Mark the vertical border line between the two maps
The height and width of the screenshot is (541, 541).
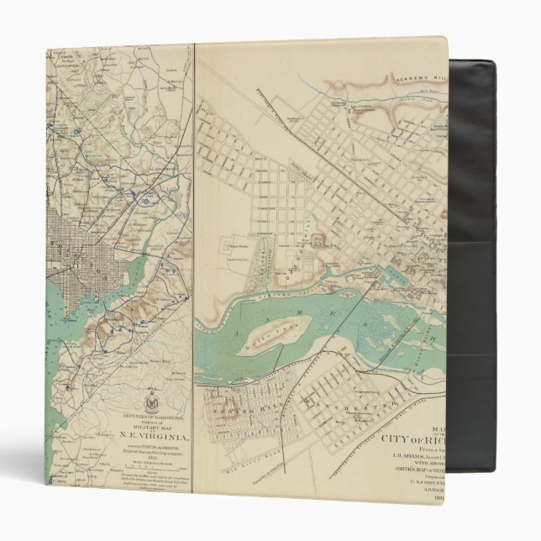(195, 252)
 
